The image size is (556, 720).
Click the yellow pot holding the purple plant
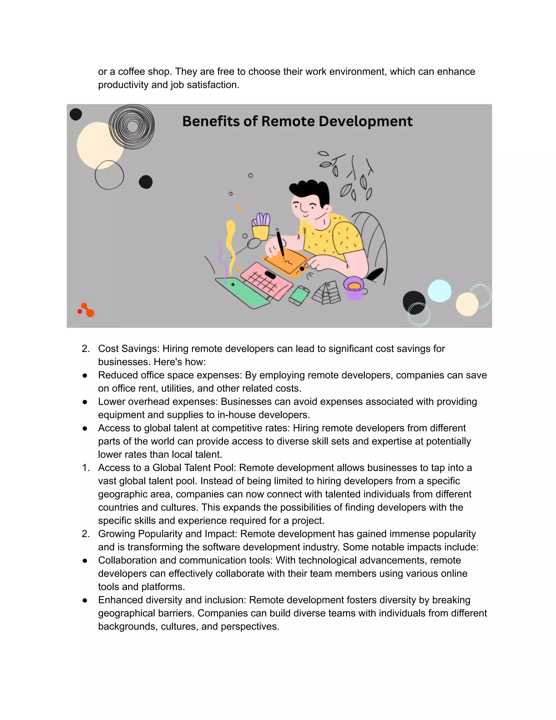coord(261,232)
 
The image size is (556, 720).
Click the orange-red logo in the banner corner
coord(86,310)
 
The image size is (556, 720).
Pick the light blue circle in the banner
coord(440,291)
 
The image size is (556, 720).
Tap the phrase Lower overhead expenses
coord(157,402)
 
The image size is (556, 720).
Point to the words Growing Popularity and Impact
coord(168,534)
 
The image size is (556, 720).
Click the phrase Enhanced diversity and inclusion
coord(172,600)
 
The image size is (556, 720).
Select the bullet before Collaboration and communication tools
coord(85,561)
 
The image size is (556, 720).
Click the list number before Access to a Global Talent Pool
coord(86,468)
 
